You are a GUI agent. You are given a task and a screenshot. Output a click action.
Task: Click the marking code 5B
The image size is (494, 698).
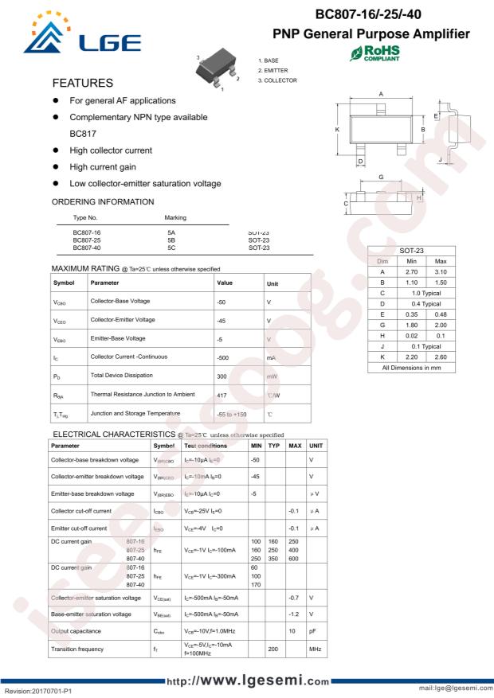171,240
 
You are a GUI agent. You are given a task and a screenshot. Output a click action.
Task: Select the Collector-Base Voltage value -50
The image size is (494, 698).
222,302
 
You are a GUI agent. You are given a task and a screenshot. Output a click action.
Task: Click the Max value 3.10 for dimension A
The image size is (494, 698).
441,272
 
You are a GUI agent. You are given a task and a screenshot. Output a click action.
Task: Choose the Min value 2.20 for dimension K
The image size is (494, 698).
412,357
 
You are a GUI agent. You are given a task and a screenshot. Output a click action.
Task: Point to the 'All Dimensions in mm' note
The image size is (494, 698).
412,368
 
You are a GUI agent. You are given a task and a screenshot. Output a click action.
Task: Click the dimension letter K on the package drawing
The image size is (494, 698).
337,129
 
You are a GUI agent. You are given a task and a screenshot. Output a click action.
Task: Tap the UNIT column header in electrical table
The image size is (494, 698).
316,446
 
